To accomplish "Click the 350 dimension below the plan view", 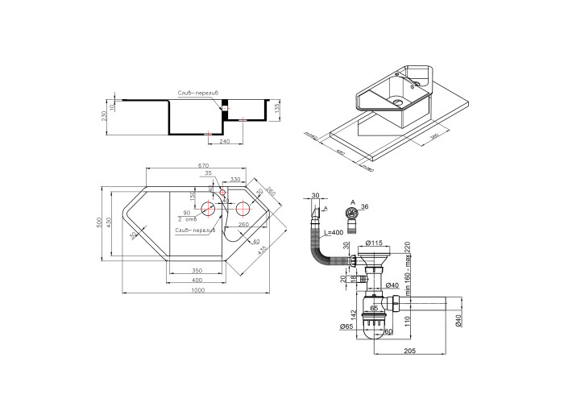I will coord(196,269).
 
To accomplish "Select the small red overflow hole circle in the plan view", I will coord(223,193).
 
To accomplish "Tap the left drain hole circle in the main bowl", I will coord(208,210).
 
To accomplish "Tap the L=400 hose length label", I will coord(333,232).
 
